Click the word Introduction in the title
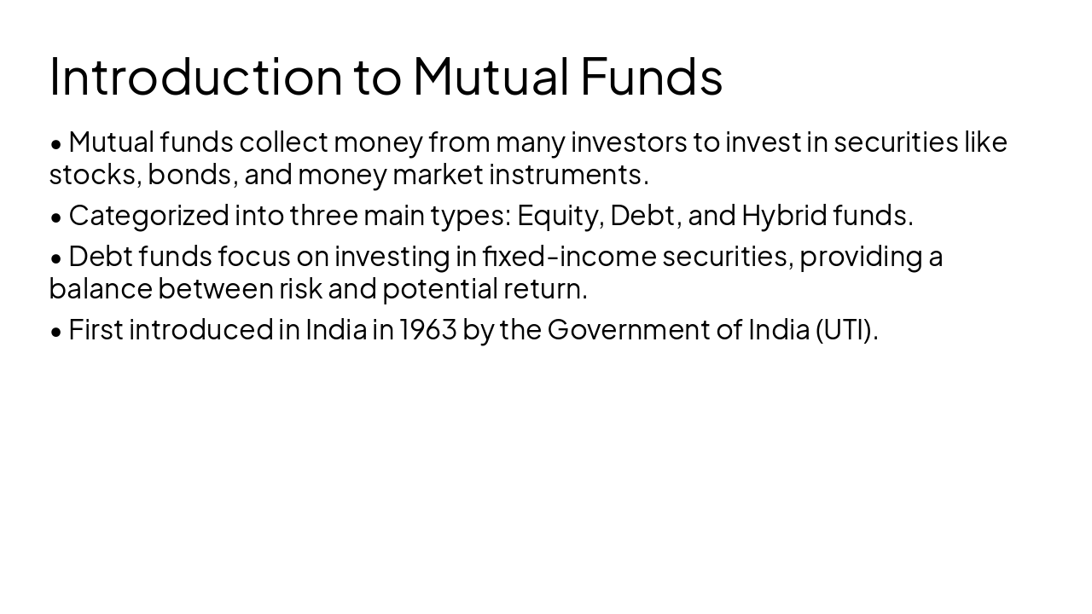pyautogui.click(x=195, y=76)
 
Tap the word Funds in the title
pyautogui.click(x=652, y=76)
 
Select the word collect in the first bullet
pyautogui.click(x=283, y=142)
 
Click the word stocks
pyautogui.click(x=94, y=175)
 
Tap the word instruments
pyautogui.click(x=567, y=175)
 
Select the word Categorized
pyautogui.click(x=148, y=216)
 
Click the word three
pyautogui.click(x=323, y=216)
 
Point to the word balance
pyautogui.click(x=100, y=289)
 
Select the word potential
pyautogui.click(x=439, y=289)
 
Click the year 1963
pyautogui.click(x=428, y=330)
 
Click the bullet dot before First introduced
pyautogui.click(x=56, y=332)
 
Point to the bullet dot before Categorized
pyautogui.click(x=56, y=217)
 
